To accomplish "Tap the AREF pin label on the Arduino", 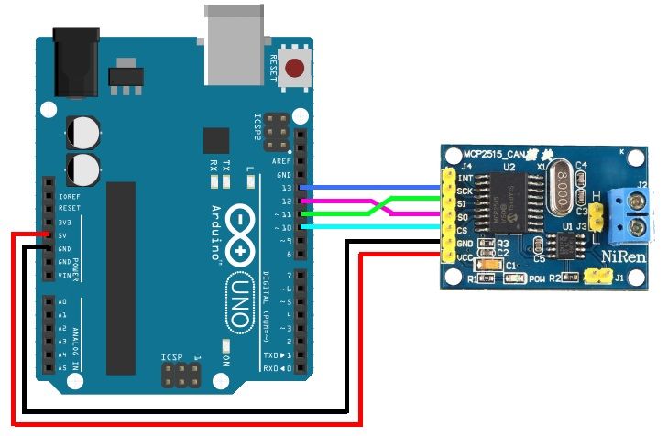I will (282, 160).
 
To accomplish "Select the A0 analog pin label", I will (62, 301).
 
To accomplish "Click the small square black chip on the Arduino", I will (216, 140).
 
